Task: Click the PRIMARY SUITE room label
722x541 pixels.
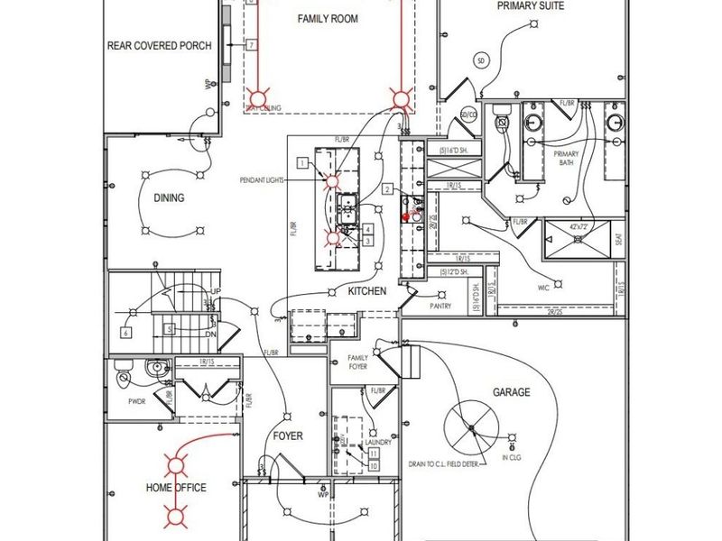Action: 531,6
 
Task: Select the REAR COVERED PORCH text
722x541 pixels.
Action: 160,45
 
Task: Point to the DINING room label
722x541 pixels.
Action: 169,198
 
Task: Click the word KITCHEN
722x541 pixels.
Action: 367,291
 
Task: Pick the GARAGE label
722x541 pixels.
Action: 511,392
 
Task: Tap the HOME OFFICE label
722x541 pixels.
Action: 176,488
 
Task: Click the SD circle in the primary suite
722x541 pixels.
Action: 481,60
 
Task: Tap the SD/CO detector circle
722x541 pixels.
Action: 468,115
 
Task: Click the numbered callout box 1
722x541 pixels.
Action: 302,162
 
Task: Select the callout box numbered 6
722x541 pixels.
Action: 126,332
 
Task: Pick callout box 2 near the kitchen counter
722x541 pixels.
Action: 386,189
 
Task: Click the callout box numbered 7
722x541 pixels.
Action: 251,44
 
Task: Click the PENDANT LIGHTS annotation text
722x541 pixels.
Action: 263,180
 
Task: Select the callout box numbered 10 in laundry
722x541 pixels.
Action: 373,466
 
